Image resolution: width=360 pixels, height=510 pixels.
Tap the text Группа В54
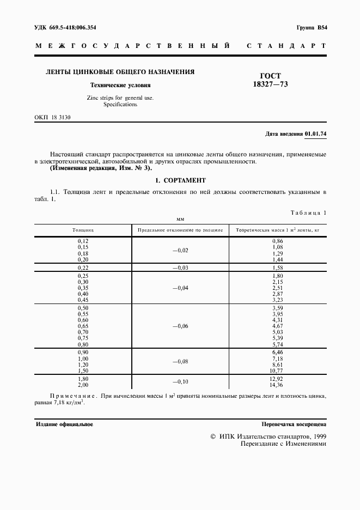[312, 28]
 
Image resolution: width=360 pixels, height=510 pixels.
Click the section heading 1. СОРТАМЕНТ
[180, 180]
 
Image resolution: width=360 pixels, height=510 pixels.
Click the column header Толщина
[83, 230]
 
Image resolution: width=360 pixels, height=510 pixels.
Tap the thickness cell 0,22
[83, 268]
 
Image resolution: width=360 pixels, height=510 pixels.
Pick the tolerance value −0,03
[180, 268]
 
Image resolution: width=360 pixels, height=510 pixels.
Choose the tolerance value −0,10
[180, 382]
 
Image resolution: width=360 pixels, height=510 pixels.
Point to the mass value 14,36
[277, 386]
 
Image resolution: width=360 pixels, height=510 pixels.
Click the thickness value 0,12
[83, 240]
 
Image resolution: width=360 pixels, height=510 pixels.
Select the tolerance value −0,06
[180, 326]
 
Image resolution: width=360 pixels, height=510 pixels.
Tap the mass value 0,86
[277, 240]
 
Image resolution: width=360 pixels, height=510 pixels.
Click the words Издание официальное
[64, 423]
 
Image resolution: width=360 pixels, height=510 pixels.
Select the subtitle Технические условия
[120, 86]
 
